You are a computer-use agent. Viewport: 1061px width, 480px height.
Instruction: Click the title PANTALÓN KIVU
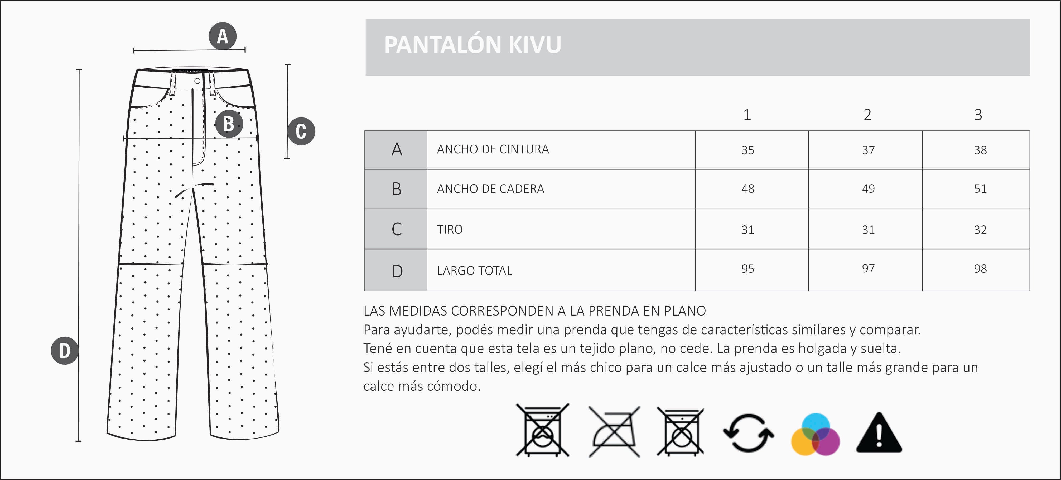472,45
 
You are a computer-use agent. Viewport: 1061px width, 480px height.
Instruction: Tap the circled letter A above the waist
223,36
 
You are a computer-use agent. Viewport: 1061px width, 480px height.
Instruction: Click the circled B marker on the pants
229,124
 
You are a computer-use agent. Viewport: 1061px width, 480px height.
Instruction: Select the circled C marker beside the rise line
301,131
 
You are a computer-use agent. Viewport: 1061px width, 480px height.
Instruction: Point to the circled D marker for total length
65,351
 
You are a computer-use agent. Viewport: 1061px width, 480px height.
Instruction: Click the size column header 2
867,115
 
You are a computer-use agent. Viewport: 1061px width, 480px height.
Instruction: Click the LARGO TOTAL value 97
868,269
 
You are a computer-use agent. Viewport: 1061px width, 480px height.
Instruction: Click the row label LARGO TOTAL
475,271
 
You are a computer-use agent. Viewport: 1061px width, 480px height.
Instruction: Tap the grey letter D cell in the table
397,271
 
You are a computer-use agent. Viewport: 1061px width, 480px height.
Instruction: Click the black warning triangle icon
879,433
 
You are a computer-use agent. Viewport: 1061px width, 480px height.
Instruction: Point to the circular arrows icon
748,433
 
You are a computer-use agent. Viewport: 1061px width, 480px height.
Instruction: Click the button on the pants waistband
197,81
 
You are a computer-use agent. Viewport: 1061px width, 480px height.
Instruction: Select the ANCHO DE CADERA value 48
747,189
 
